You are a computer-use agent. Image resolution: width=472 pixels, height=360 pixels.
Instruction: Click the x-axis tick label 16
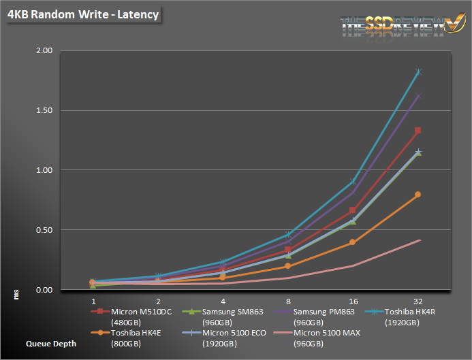[x=353, y=300]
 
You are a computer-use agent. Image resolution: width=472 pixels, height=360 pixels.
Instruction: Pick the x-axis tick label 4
[x=223, y=300]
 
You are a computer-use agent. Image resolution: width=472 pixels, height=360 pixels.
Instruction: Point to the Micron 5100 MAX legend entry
[x=327, y=338]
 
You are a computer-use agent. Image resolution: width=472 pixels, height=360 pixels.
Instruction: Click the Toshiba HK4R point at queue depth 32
[x=418, y=71]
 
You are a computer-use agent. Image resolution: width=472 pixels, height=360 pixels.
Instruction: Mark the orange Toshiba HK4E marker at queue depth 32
[x=418, y=195]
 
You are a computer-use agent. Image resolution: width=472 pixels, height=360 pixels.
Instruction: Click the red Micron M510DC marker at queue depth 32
[x=418, y=131]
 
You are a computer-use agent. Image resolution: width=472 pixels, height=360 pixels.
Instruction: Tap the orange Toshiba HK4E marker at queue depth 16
[x=353, y=242]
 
